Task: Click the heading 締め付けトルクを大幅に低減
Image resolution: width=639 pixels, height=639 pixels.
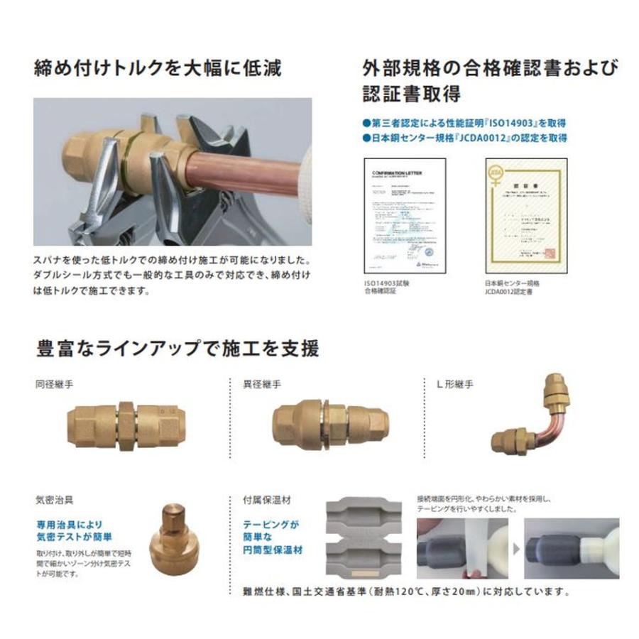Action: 158,68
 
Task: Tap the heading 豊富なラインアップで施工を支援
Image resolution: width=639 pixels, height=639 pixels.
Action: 177,349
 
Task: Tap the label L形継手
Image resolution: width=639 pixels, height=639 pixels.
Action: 454,385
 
